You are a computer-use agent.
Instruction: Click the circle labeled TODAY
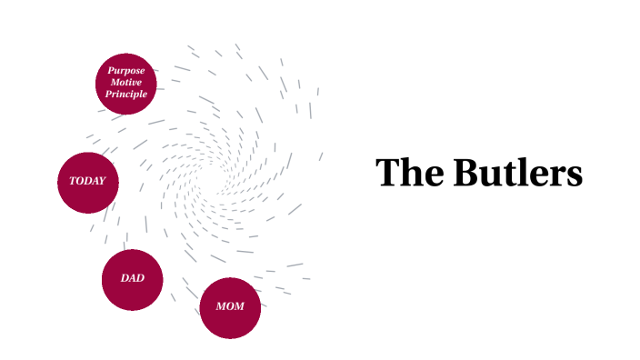pos(88,182)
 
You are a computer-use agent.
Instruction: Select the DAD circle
pos(132,279)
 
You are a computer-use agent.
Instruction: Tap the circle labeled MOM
pos(230,307)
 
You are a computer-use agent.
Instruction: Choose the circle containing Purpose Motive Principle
pos(126,84)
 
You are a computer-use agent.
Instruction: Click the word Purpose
pos(126,71)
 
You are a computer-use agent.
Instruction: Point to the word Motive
pos(126,83)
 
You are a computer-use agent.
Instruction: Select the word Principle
pos(126,95)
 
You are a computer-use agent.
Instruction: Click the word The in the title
pos(405,173)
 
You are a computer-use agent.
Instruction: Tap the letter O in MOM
pos(230,306)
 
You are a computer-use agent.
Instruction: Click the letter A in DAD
pos(133,278)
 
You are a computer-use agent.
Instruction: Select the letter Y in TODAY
pos(102,181)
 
